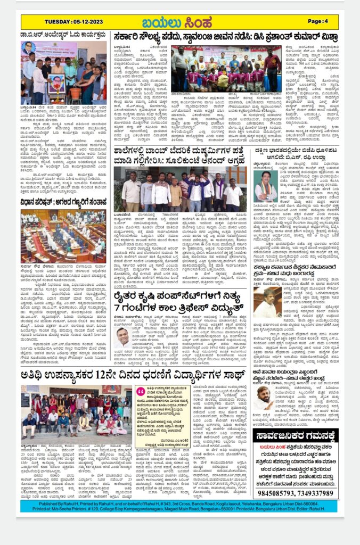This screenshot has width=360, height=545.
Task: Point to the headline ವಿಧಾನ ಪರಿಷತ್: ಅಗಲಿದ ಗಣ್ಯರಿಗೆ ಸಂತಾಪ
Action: pyautogui.click(x=63, y=202)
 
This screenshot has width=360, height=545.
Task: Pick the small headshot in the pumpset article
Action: pyautogui.click(x=121, y=337)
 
